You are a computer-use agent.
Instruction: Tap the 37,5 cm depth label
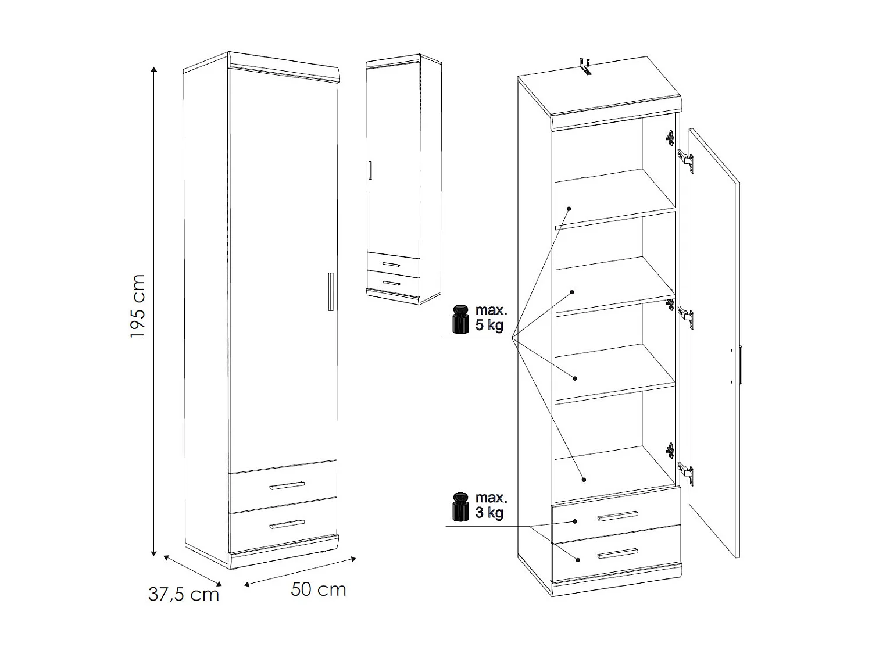(x=184, y=594)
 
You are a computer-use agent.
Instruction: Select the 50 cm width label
(x=319, y=589)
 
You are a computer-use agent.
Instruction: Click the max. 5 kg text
(x=490, y=317)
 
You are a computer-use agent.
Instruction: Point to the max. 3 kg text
(x=490, y=505)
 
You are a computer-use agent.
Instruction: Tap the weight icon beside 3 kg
(x=460, y=506)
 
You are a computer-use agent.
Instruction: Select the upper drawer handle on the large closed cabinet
(x=287, y=485)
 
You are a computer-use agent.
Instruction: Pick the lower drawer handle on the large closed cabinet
(x=287, y=524)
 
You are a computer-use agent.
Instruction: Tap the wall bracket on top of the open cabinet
(x=585, y=66)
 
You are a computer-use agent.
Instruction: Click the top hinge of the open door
(x=686, y=158)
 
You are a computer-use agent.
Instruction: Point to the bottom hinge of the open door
(x=686, y=473)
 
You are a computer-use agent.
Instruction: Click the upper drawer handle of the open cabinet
(x=617, y=516)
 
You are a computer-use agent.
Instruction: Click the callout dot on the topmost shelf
(x=570, y=208)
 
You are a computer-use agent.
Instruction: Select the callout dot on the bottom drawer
(x=578, y=560)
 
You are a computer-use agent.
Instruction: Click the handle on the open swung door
(x=741, y=364)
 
